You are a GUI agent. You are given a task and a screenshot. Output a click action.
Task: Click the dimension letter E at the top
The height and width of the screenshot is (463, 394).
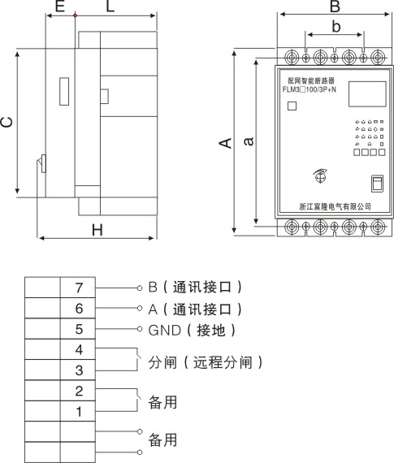tap(60, 6)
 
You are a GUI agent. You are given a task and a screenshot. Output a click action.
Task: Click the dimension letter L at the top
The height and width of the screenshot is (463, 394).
tap(110, 6)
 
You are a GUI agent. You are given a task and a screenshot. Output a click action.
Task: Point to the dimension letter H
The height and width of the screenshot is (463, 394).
tap(97, 230)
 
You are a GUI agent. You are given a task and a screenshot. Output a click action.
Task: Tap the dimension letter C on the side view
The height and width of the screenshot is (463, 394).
tap(6, 122)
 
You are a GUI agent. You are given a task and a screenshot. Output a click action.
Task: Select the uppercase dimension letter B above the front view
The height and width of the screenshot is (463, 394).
tap(335, 6)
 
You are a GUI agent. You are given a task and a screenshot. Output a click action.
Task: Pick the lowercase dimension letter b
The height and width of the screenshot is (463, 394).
tap(336, 26)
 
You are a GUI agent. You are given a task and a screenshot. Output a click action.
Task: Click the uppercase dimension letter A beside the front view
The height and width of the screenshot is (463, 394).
tap(225, 143)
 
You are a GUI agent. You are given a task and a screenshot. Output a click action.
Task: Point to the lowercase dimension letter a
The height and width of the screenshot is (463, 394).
tap(249, 141)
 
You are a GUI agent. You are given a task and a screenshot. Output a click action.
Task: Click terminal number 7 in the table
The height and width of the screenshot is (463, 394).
tap(79, 288)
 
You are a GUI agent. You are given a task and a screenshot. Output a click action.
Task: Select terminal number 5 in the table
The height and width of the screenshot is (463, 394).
tap(79, 329)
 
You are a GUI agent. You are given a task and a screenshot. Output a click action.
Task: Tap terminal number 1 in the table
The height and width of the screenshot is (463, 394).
tap(79, 412)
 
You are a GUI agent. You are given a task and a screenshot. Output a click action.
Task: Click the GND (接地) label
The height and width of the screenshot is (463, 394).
tap(192, 330)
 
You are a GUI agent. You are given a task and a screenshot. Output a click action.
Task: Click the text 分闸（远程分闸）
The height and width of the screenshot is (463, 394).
tap(206, 362)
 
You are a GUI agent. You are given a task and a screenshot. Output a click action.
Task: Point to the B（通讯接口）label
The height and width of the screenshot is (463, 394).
tap(195, 287)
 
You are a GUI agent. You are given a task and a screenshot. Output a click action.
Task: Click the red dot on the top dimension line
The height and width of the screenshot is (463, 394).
tap(75, 15)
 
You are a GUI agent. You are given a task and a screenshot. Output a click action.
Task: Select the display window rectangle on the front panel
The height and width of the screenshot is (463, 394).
tap(367, 94)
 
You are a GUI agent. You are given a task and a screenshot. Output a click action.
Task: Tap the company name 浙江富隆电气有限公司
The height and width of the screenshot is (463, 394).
tap(336, 206)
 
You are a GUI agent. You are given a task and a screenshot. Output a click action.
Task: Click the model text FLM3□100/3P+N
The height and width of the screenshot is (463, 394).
tap(310, 89)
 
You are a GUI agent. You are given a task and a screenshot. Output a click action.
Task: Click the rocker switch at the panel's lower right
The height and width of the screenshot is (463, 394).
tap(378, 184)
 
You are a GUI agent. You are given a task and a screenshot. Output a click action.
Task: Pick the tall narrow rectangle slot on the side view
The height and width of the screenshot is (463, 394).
tap(64, 92)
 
